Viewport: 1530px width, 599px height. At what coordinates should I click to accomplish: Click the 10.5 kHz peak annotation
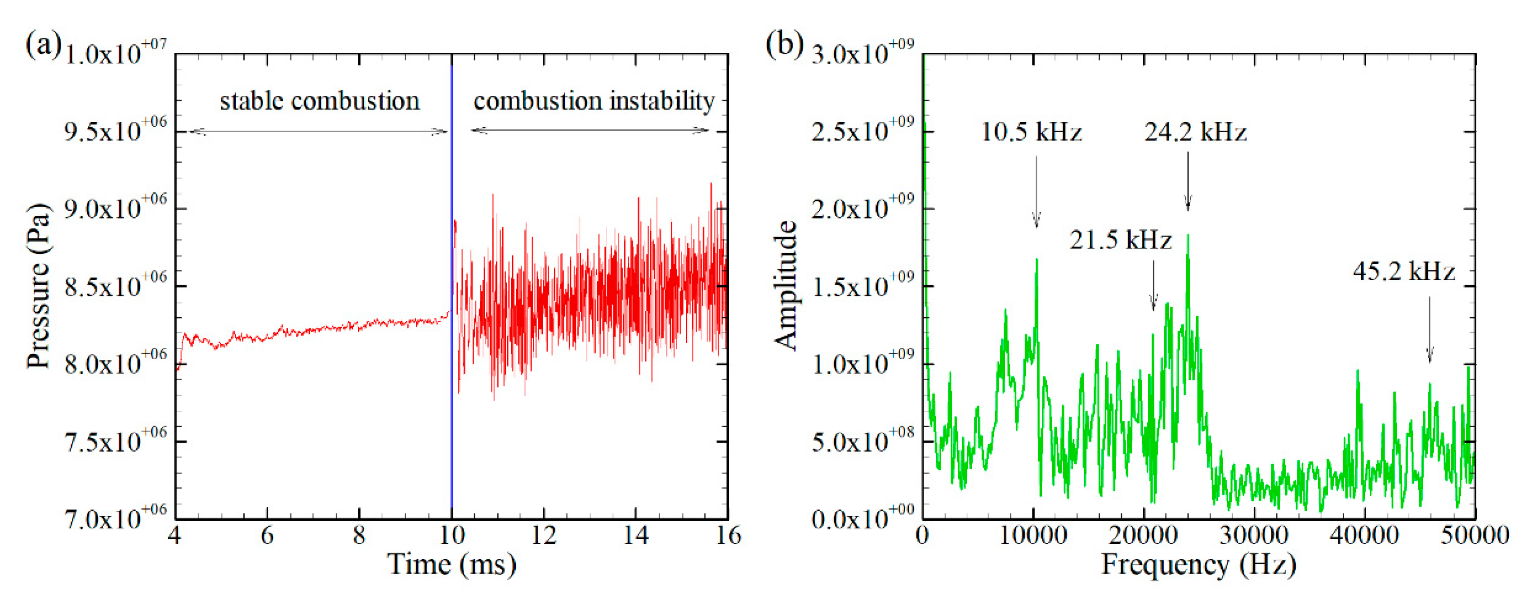tap(1031, 132)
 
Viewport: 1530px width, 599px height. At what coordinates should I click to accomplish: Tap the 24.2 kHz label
tap(1195, 132)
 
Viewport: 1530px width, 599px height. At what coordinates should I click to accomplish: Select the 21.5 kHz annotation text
tap(1120, 241)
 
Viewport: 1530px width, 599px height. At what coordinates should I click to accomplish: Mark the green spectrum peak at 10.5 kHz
tap(1037, 260)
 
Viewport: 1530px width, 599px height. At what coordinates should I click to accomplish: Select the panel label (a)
tap(43, 45)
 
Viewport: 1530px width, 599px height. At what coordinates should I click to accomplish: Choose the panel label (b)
tap(784, 45)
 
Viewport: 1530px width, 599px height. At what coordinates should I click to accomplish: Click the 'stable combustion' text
tap(319, 101)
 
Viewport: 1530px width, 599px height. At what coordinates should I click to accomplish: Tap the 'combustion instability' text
tap(594, 101)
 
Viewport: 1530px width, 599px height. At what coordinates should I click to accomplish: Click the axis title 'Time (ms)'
tap(451, 565)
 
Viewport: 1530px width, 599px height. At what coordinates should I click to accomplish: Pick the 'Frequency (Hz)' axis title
tap(1198, 565)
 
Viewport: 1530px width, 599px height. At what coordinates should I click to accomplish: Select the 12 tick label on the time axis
tap(543, 536)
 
